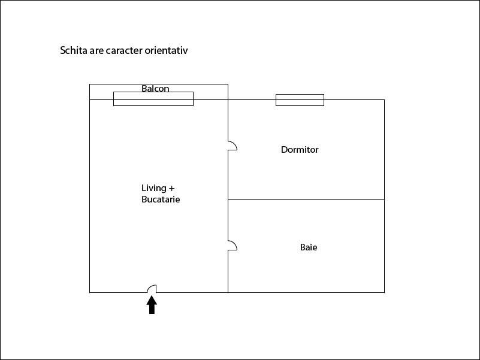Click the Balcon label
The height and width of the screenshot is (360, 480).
click(x=155, y=89)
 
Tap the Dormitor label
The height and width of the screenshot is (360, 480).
click(x=300, y=149)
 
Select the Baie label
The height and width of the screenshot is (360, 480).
click(x=309, y=247)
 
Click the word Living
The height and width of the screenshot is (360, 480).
click(x=153, y=188)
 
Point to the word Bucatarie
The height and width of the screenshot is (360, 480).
click(x=161, y=199)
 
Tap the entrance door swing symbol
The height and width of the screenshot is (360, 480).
click(x=152, y=289)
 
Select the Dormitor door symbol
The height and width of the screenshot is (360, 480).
click(x=233, y=146)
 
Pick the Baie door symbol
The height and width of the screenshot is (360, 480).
click(x=233, y=246)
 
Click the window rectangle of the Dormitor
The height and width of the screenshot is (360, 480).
click(x=300, y=100)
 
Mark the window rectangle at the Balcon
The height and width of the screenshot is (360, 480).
click(x=153, y=99)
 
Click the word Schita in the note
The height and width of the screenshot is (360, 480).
click(x=74, y=50)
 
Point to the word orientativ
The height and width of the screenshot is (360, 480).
click(x=166, y=50)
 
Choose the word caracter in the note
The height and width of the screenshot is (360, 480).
click(x=124, y=50)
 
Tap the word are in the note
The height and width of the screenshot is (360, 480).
click(x=96, y=51)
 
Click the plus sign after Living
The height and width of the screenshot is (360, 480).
click(x=171, y=188)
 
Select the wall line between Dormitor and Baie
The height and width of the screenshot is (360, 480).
click(x=306, y=200)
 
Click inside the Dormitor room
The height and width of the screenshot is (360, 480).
click(x=306, y=174)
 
